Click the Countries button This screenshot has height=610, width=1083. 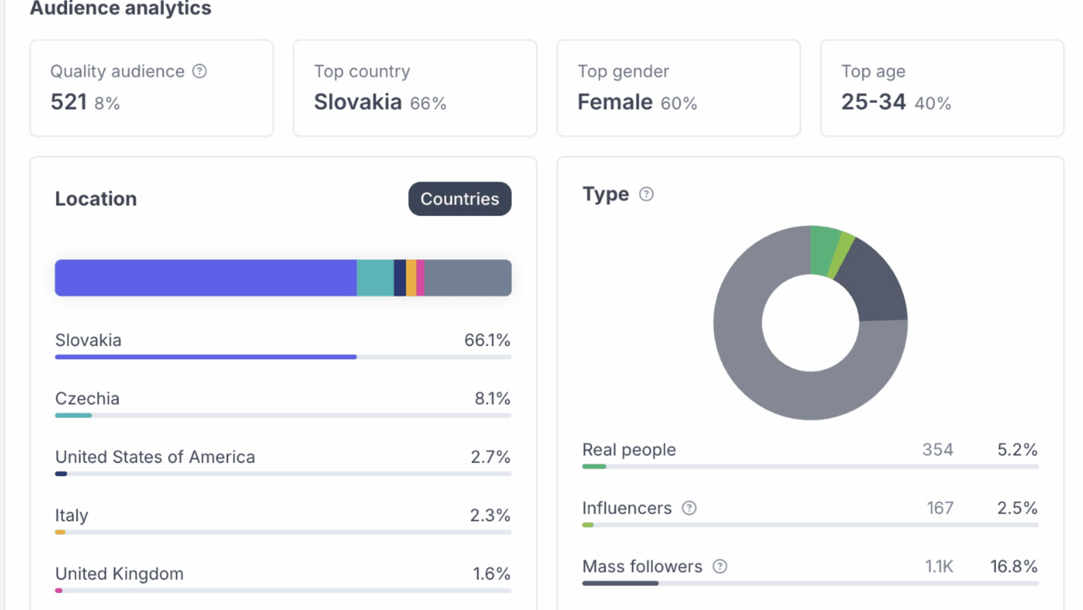click(x=459, y=199)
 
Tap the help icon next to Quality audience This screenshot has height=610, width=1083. click(x=199, y=71)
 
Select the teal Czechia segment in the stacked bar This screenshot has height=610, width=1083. click(x=375, y=278)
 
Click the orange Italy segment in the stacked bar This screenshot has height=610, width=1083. click(x=411, y=278)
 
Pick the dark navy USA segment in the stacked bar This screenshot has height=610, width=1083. click(x=400, y=278)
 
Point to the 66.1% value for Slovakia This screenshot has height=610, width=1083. click(x=487, y=340)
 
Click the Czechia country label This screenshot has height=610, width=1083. click(x=87, y=398)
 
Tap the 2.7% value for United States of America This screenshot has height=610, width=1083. click(x=490, y=457)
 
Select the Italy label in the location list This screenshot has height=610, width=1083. click(x=71, y=515)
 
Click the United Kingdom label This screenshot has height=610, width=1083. click(x=119, y=573)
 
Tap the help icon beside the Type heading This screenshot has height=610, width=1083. click(x=646, y=194)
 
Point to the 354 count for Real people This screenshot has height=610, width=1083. click(x=938, y=450)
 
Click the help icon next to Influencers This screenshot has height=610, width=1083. click(x=689, y=508)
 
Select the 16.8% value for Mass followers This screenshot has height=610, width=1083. click(x=1013, y=566)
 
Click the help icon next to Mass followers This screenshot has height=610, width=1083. click(x=720, y=566)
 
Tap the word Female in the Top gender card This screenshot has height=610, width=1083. click(x=615, y=102)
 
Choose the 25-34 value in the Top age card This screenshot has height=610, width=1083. click(x=873, y=102)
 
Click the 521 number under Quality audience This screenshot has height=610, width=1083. click(x=68, y=102)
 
